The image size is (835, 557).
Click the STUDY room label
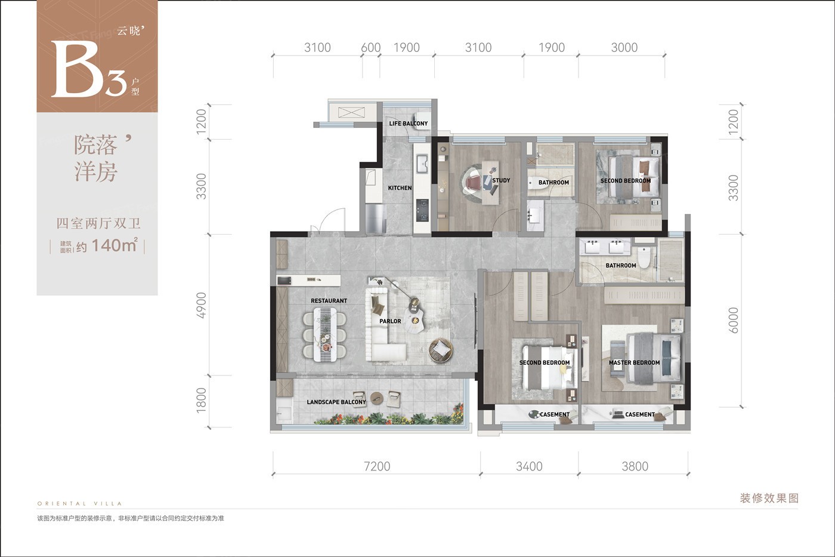tap(501, 180)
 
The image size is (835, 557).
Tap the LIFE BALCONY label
tap(408, 124)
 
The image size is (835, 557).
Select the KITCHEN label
tap(400, 188)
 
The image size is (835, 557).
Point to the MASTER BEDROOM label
tap(634, 362)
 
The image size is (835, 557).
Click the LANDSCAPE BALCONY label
tap(336, 402)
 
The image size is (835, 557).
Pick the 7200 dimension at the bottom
tap(377, 466)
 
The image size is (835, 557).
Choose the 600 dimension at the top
tap(371, 48)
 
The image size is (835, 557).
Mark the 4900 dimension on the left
tap(202, 305)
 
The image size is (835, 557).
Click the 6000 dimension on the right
tap(733, 320)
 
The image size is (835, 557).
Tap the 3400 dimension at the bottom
tap(529, 466)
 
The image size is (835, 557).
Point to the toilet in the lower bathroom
tap(644, 257)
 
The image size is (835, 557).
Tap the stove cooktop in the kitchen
tap(422, 210)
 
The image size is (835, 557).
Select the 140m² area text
tap(115, 245)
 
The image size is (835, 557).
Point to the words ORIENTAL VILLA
tap(79, 504)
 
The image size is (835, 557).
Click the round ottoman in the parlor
tap(441, 350)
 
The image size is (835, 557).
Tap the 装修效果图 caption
tap(769, 498)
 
